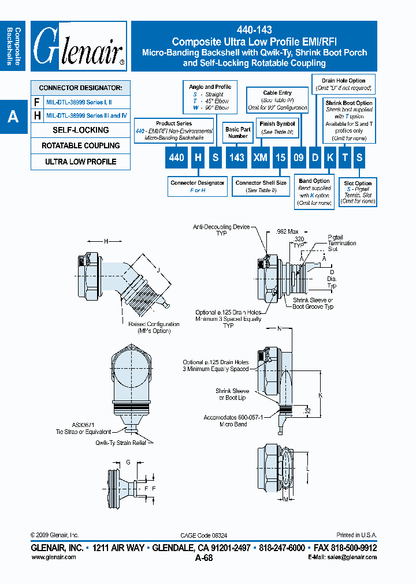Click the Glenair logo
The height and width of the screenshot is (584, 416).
point(79,46)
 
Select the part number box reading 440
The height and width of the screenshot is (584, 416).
point(176,158)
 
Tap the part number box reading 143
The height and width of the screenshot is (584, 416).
point(237,158)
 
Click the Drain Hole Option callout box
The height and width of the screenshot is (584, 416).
point(343,84)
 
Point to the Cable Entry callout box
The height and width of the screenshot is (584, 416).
point(277,100)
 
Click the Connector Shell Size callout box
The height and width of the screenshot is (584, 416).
point(261,186)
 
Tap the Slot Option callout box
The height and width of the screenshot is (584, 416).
point(358,193)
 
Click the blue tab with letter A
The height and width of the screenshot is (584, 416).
point(13,117)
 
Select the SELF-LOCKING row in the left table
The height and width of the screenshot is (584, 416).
point(81,130)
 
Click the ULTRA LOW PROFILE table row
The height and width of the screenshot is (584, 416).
point(81,162)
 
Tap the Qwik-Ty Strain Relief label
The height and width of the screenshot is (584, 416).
point(121,443)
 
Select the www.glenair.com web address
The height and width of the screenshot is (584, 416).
point(53,557)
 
